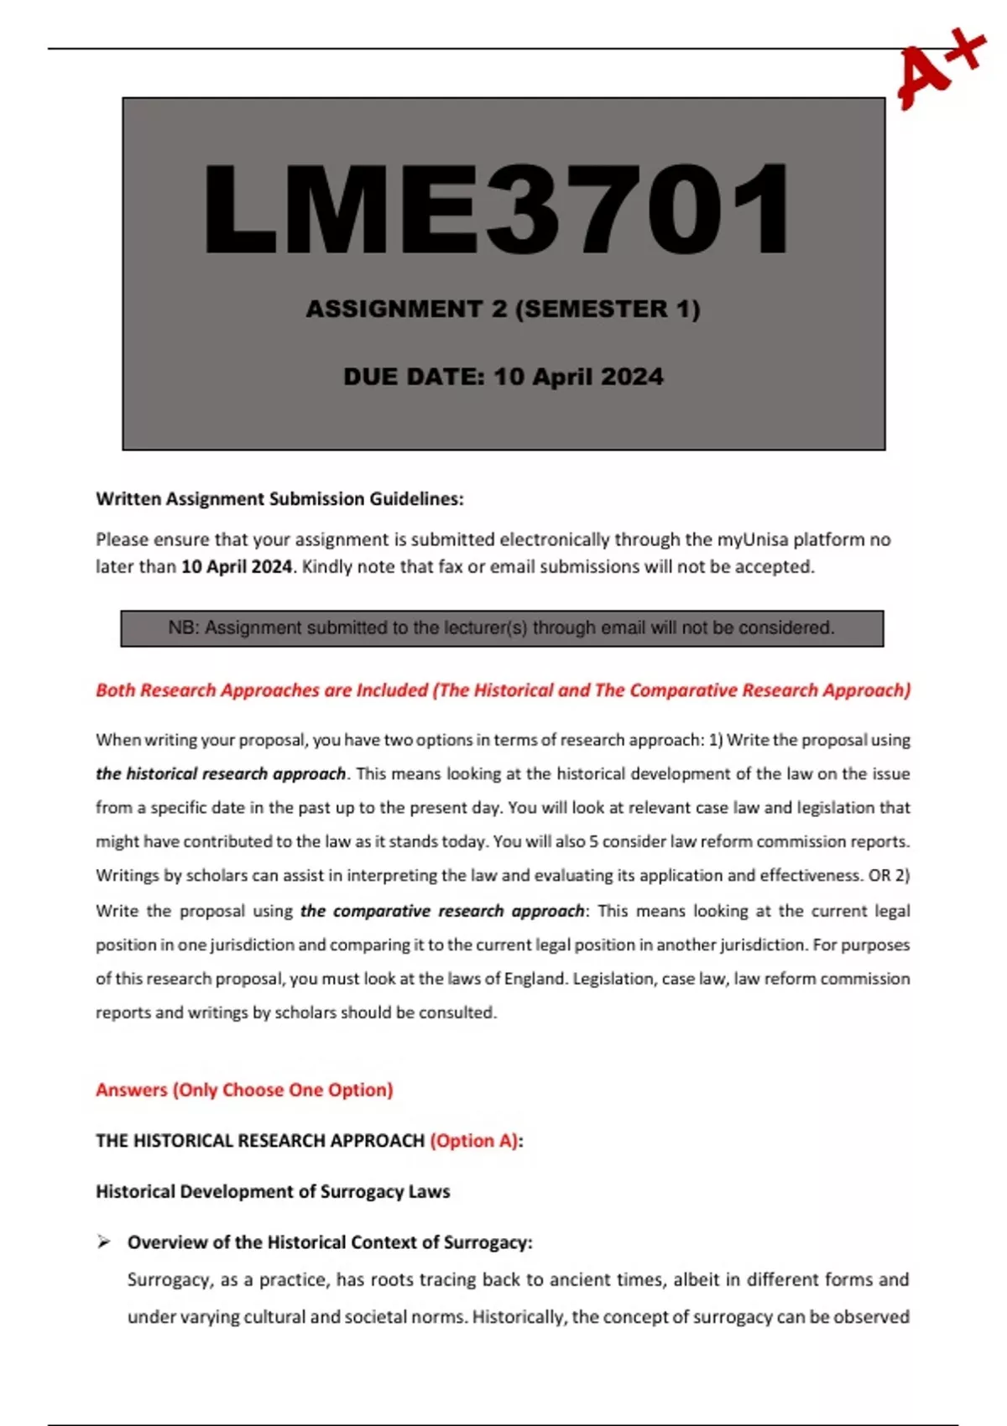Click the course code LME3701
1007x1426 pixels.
[x=497, y=210]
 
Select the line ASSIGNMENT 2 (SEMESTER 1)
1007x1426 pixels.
[x=503, y=310]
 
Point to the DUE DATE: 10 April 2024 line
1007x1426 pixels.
[x=503, y=377]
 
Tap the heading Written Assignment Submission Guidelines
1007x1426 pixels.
[x=279, y=499]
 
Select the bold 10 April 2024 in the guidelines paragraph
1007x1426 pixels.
[x=237, y=567]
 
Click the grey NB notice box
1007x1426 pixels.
[x=502, y=628]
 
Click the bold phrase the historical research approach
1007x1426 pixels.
[x=221, y=773]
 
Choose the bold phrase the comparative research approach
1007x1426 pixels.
[x=442, y=911]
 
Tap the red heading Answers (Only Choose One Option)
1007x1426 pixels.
[x=244, y=1090]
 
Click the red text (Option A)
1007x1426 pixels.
[x=474, y=1141]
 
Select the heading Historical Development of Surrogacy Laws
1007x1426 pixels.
[x=273, y=1192]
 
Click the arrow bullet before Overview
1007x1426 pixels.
[x=104, y=1242]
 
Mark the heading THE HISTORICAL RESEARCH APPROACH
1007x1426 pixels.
[x=260, y=1141]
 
